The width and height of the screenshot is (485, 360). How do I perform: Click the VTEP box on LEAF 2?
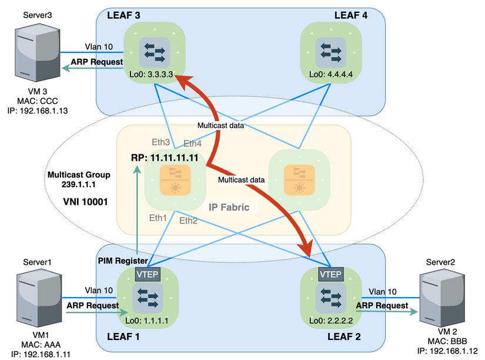(330, 274)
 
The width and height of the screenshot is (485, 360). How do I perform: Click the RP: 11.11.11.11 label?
(165, 158)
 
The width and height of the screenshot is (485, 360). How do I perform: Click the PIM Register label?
(122, 252)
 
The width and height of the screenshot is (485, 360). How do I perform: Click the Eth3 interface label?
(160, 143)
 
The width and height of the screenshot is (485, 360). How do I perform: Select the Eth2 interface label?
(189, 221)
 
